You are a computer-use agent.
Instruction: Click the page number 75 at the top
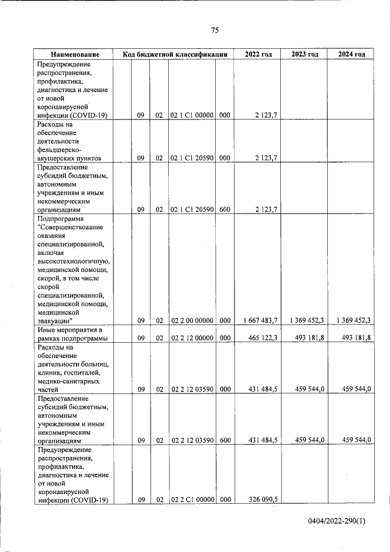[214, 30]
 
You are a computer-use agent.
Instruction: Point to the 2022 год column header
[258, 54]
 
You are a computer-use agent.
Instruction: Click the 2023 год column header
[305, 54]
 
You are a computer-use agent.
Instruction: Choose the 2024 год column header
[352, 54]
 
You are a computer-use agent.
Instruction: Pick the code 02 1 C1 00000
[191, 114]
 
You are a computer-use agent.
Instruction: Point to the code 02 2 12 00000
[191, 337]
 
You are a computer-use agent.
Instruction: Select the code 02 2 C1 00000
[191, 500]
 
